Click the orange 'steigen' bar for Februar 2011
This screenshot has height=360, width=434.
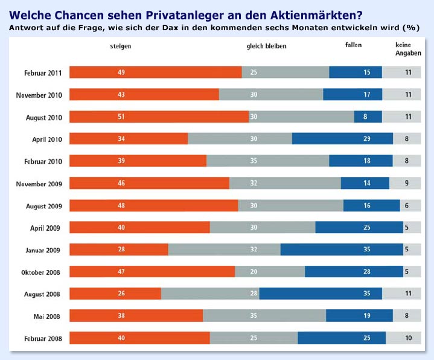coord(155,72)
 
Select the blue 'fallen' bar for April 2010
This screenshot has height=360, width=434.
coord(342,139)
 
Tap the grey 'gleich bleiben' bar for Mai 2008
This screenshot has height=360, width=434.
coord(264,315)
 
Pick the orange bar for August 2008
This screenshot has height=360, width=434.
coord(115,294)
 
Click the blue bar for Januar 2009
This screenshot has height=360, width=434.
coord(342,249)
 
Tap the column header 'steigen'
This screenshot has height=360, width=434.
coord(121,47)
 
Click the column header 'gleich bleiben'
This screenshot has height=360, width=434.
coord(266,47)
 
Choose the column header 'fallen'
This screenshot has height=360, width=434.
coord(353,46)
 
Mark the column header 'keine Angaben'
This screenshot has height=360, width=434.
coord(407,49)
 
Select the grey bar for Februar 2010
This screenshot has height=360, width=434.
coord(267,161)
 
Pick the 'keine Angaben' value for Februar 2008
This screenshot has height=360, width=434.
coord(409,338)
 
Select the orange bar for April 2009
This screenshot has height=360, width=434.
coord(139,227)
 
